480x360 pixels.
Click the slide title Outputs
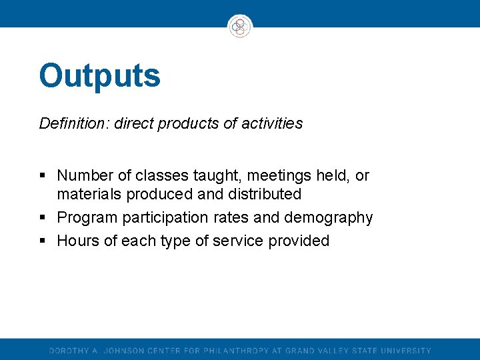pyautogui.click(x=99, y=75)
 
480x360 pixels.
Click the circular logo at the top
pyautogui.click(x=240, y=27)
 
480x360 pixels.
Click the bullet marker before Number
pyautogui.click(x=43, y=177)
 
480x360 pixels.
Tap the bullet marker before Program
pyautogui.click(x=43, y=218)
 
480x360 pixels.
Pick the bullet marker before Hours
pyautogui.click(x=43, y=241)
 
